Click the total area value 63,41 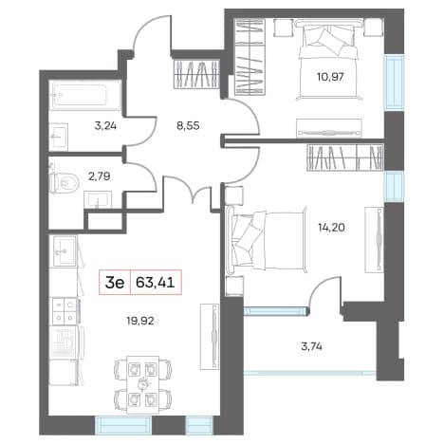tap(155, 283)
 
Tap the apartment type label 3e tap(115, 283)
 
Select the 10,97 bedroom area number tap(330, 77)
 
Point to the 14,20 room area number tap(331, 227)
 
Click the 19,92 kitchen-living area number tap(140, 322)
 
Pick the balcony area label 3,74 tap(311, 347)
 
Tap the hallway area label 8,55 tap(188, 126)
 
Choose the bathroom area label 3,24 tap(105, 126)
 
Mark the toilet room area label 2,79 tap(100, 176)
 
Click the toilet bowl tap(65, 182)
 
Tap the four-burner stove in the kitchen tap(65, 311)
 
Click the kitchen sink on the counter tap(65, 251)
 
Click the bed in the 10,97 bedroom tap(328, 59)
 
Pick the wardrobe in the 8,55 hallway tap(196, 74)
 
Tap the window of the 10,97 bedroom tap(394, 82)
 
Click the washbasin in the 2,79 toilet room tap(98, 200)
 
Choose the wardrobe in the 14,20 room tap(345, 157)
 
